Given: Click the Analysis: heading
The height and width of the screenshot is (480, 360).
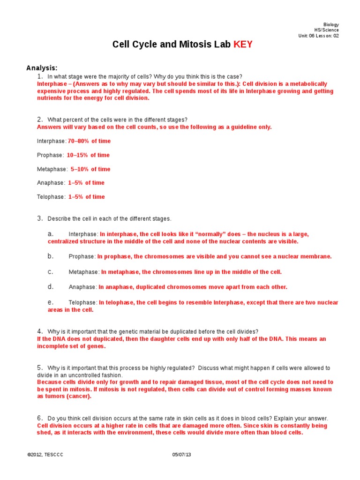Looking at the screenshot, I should pyautogui.click(x=42, y=68).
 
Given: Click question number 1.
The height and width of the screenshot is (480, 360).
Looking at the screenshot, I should pyautogui.click(x=40, y=76).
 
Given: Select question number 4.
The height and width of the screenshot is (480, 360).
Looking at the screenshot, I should pyautogui.click(x=40, y=331).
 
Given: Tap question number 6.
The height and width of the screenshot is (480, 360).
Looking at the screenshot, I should pyautogui.click(x=40, y=418).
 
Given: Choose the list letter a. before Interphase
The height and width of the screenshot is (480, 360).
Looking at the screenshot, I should pyautogui.click(x=51, y=234).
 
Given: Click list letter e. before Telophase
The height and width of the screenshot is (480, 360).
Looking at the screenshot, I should pyautogui.click(x=51, y=302).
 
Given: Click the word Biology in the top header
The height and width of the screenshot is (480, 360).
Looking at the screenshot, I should pyautogui.click(x=331, y=25).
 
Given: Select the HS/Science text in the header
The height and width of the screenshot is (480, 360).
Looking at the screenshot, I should pyautogui.click(x=326, y=30).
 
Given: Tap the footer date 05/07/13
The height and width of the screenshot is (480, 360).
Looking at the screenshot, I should pyautogui.click(x=182, y=455).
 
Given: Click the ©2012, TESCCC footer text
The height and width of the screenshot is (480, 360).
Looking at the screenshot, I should pyautogui.click(x=42, y=455).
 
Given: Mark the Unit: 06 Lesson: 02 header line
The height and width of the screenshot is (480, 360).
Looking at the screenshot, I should pyautogui.click(x=318, y=36).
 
